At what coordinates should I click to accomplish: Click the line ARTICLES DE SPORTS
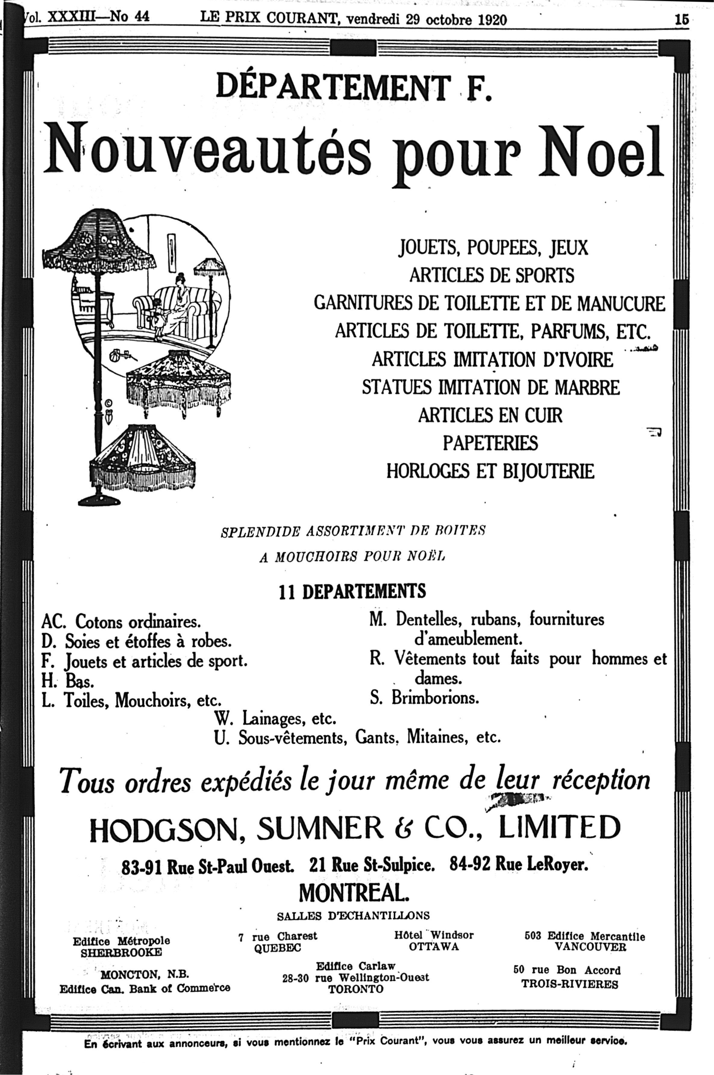pyautogui.click(x=492, y=275)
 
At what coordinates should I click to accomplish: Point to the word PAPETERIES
pyautogui.click(x=490, y=443)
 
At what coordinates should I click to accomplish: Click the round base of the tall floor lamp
pyautogui.click(x=100, y=501)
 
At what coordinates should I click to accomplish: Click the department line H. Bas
pyautogui.click(x=68, y=681)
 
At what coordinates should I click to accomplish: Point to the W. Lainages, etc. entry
pyautogui.click(x=275, y=718)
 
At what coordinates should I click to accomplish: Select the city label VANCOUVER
pyautogui.click(x=590, y=947)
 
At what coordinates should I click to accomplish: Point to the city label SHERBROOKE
pyautogui.click(x=121, y=952)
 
